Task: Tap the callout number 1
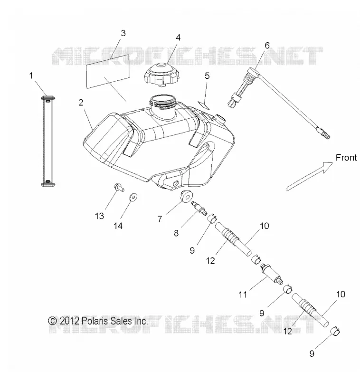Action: [x=31, y=76]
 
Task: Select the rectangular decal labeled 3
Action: [x=108, y=71]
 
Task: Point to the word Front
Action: [x=346, y=158]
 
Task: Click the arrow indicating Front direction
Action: [x=310, y=176]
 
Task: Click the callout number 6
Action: [x=267, y=45]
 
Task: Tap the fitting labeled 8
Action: [x=199, y=208]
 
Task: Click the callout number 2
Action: [x=81, y=103]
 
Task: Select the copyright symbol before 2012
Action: [x=52, y=321]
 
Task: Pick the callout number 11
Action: [x=243, y=294]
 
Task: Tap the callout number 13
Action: [x=99, y=216]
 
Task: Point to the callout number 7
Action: [x=160, y=219]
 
